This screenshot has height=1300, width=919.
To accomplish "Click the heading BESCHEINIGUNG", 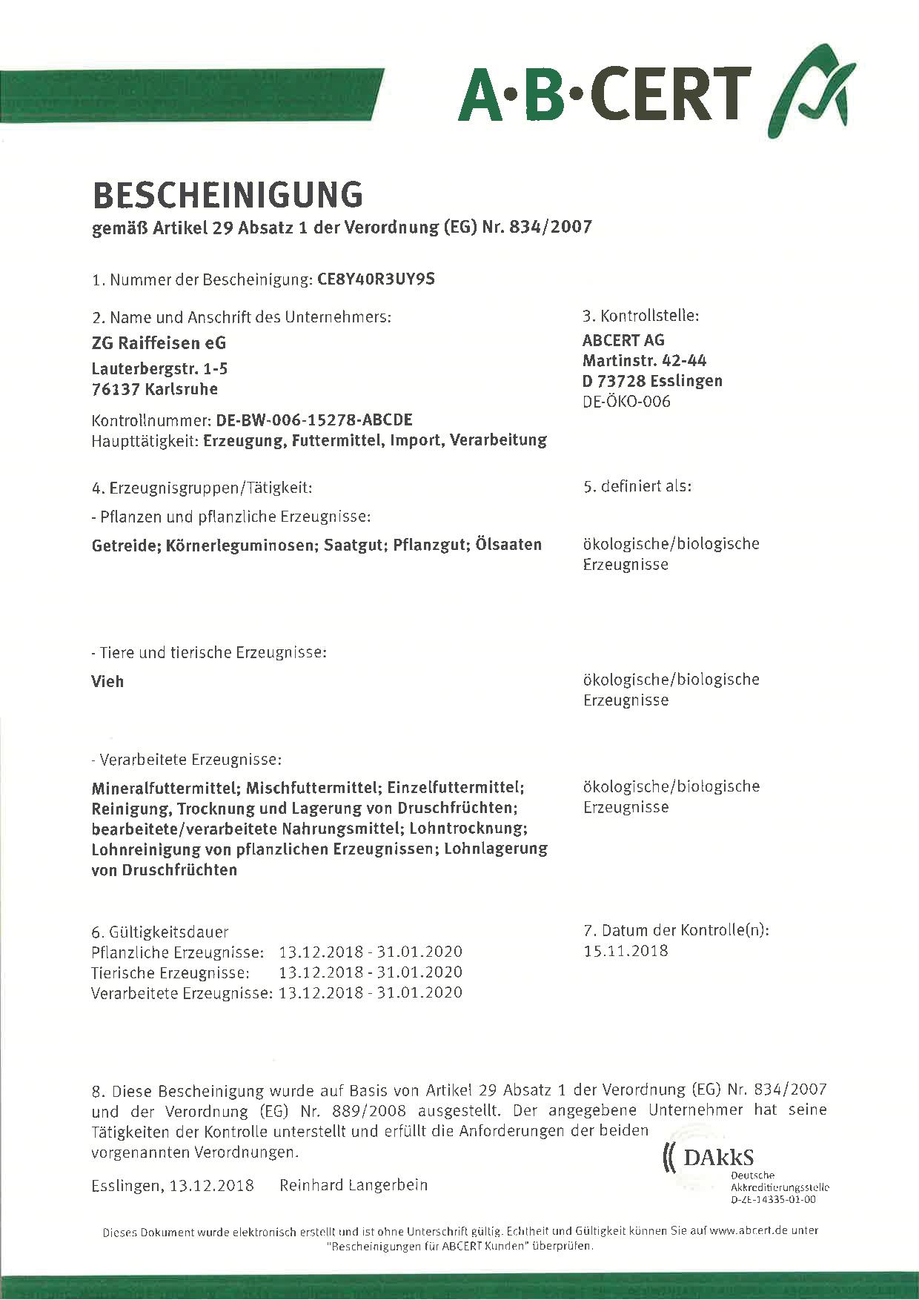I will (228, 195).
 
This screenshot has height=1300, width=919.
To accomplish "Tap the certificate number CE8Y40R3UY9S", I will (376, 279).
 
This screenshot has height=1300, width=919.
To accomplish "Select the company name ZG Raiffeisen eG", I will (159, 343).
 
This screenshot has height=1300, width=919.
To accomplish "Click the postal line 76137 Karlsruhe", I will (154, 389).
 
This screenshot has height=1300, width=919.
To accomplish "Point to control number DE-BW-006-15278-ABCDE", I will (313, 419).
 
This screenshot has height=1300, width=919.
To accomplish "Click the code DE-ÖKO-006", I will (626, 402).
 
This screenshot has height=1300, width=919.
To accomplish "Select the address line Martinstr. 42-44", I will (644, 360).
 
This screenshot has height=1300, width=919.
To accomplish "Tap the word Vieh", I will (107, 681).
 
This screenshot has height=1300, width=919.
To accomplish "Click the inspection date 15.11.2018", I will (626, 951).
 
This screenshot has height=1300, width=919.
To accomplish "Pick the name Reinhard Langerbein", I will (353, 1185).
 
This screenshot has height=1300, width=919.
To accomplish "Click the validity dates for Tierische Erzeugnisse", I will (370, 972).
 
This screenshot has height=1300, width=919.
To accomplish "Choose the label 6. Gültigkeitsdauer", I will (159, 932).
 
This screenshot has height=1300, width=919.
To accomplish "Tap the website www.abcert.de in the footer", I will (748, 1230).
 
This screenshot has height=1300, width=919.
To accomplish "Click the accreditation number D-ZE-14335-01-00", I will (772, 1199).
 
